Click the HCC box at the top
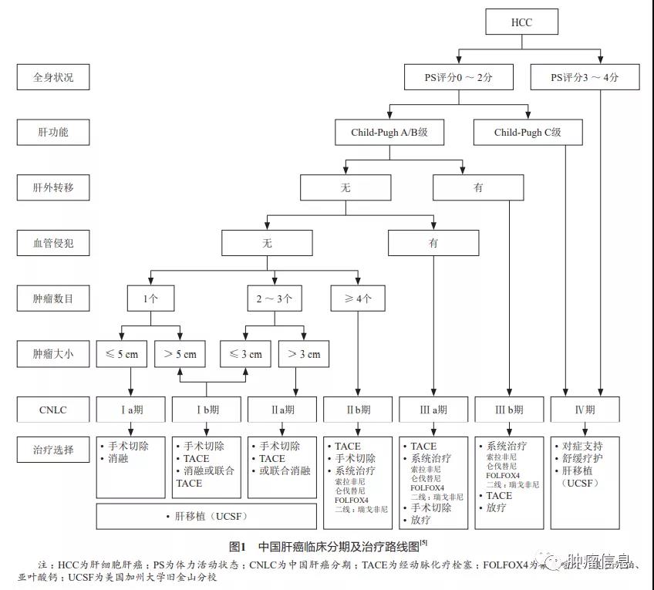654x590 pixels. pos(522,22)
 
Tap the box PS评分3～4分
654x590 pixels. pos(585,77)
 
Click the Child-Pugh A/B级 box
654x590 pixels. pos(389,132)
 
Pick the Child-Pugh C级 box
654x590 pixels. pos(528,132)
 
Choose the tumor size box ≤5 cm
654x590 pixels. pos(122,355)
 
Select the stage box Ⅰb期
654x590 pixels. pos(205,410)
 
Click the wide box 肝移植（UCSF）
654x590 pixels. pos(206,516)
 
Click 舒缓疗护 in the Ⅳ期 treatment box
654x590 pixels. pos(583,458)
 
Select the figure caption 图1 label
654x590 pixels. pos(237,546)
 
